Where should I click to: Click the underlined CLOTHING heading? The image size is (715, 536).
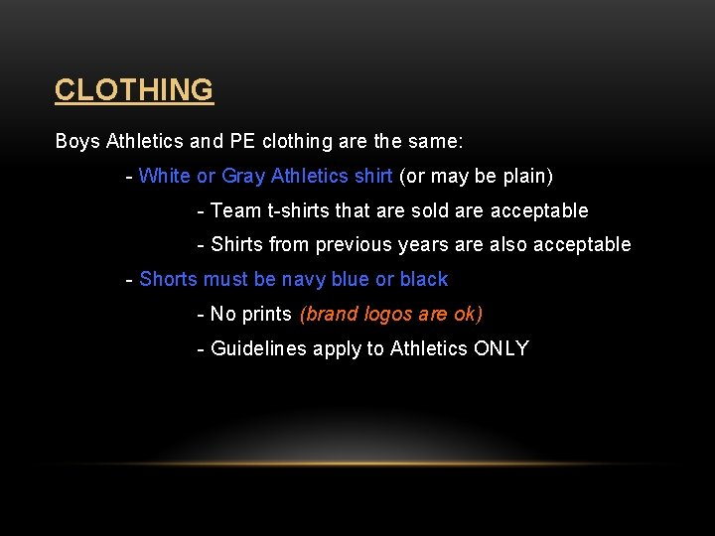click(x=133, y=90)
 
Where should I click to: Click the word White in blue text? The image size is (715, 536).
click(x=165, y=176)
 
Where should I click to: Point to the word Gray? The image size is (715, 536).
click(x=243, y=176)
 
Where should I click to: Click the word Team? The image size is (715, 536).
click(x=236, y=210)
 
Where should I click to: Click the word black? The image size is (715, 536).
click(x=423, y=279)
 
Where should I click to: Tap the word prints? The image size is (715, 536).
click(x=266, y=314)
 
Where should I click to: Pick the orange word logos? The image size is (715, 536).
click(x=390, y=314)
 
